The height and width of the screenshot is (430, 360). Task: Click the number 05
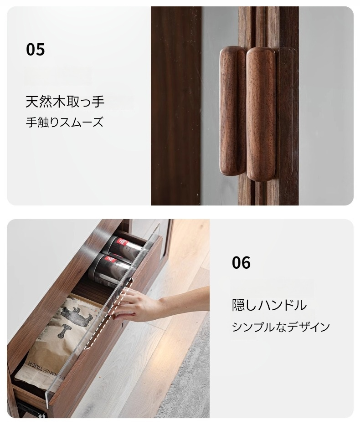36,49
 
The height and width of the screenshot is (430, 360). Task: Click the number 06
241,262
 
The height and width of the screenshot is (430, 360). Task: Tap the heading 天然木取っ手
65,102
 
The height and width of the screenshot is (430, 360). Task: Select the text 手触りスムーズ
65,122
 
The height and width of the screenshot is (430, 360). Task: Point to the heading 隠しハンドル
269,305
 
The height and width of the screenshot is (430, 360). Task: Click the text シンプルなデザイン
281,327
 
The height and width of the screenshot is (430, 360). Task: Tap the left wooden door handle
232,111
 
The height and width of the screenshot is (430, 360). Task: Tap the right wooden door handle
261,114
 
